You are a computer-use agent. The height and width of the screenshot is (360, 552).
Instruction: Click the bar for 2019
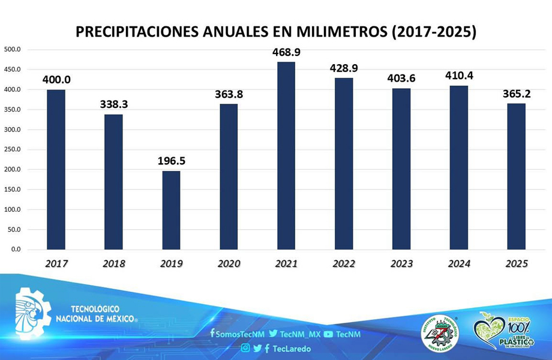pos(171,210)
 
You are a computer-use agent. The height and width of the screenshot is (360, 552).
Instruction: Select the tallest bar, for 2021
pos(286,156)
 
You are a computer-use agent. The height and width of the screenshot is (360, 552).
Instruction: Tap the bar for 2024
pos(459,168)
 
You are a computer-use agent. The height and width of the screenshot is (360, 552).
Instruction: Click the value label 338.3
pos(113,104)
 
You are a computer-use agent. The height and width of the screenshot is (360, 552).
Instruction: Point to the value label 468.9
pos(286,52)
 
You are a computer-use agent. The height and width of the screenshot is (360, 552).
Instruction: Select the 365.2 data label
pos(517,94)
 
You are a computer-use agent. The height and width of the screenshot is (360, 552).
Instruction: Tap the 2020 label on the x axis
pos(229,264)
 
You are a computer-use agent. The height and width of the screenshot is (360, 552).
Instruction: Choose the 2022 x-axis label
pos(344,264)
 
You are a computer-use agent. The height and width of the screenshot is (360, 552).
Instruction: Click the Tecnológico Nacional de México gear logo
pos(33,313)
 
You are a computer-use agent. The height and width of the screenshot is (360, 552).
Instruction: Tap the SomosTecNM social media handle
pos(238,334)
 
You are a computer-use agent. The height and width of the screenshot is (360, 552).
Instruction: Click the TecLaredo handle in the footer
pos(290,348)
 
